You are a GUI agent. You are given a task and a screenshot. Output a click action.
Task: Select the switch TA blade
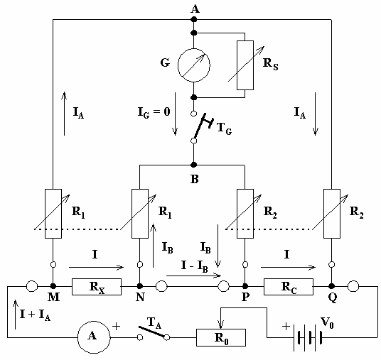(x=152, y=332)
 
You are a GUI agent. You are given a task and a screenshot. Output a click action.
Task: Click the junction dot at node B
(x=193, y=165)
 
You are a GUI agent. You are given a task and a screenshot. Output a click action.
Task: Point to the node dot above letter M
(x=53, y=286)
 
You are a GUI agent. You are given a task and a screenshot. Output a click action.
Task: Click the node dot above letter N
(x=140, y=286)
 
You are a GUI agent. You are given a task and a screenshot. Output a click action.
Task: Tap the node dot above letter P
(x=245, y=286)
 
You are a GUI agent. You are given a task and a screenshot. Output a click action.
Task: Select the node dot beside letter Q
(x=332, y=286)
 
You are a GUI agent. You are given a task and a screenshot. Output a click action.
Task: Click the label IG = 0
(x=154, y=113)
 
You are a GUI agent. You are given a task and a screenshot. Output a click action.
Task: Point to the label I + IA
(x=36, y=315)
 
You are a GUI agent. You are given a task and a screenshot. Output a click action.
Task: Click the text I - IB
(x=195, y=266)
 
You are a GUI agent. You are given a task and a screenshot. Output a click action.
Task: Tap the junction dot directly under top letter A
(x=193, y=19)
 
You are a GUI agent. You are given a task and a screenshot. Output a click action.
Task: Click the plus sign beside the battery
(x=286, y=326)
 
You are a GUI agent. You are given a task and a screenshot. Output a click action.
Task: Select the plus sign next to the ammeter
(x=117, y=326)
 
